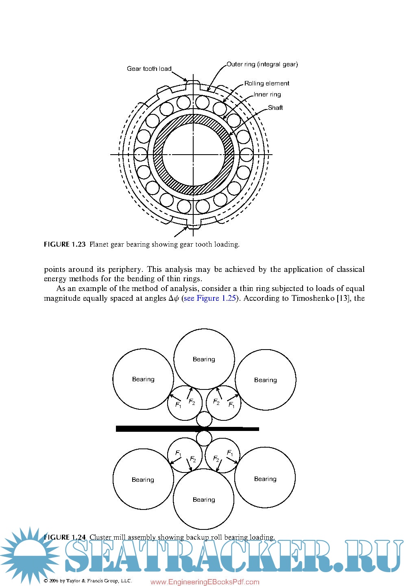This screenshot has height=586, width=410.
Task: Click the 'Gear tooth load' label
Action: pyautogui.click(x=149, y=69)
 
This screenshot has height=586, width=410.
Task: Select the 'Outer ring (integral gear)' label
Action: pyautogui.click(x=262, y=64)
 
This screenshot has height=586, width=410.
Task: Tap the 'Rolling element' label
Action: pyautogui.click(x=267, y=83)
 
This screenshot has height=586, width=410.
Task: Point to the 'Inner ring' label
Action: pyautogui.click(x=267, y=94)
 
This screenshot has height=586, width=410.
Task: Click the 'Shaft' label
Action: pyautogui.click(x=275, y=108)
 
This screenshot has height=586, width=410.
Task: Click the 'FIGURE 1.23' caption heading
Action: pyautogui.click(x=65, y=245)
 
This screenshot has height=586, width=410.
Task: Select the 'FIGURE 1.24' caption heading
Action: pyautogui.click(x=65, y=537)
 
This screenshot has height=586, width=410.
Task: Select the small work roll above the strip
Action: pyautogui.click(x=204, y=419)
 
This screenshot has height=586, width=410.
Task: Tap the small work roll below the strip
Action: pyautogui.click(x=204, y=438)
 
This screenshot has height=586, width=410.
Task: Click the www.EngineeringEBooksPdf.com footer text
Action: pyautogui.click(x=205, y=582)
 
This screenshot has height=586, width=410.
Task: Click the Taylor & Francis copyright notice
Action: pyautogui.click(x=88, y=581)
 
